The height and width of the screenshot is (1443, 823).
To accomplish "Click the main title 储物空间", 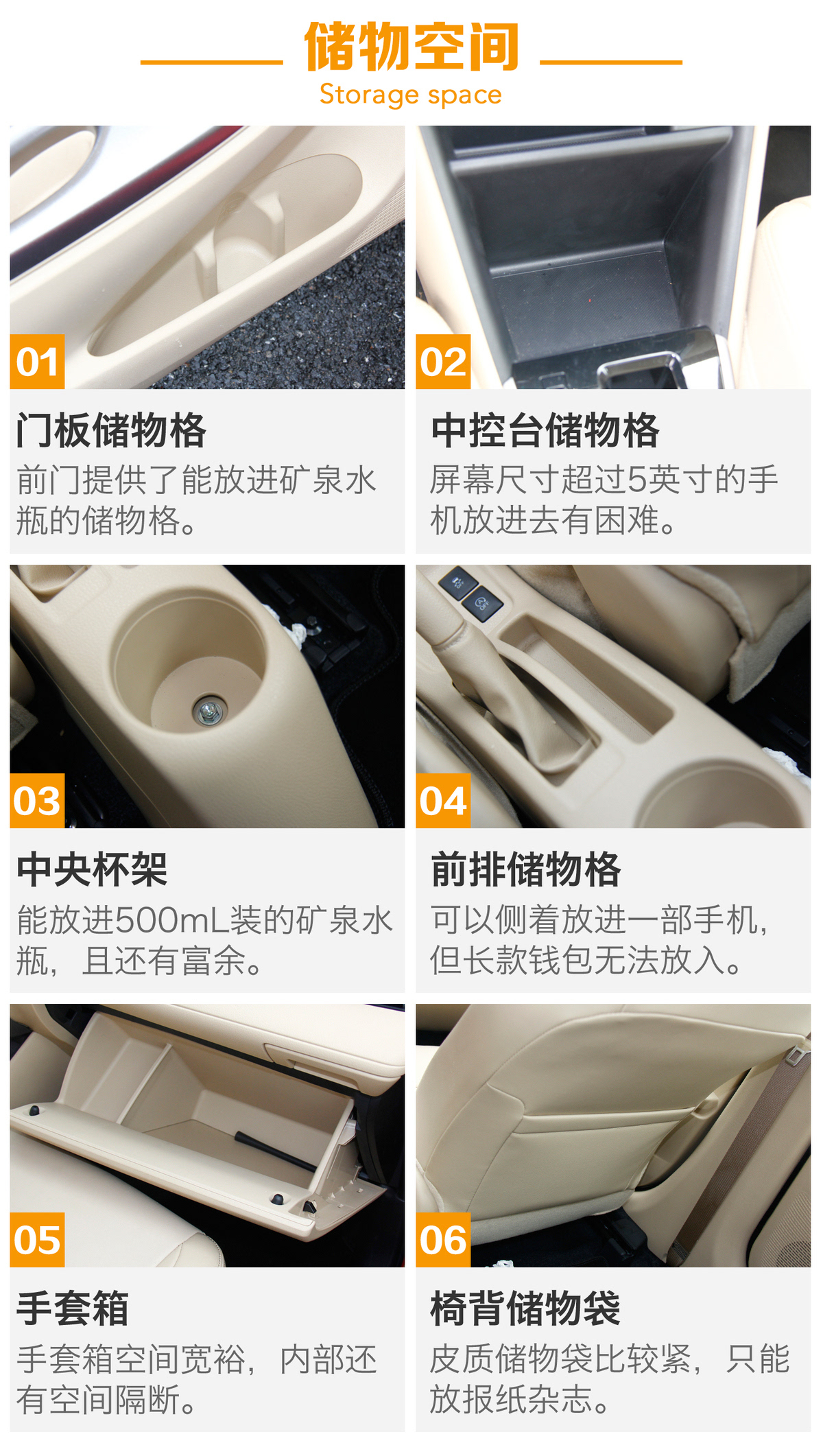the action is [411, 47].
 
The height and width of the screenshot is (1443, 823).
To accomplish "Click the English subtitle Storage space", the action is [411, 95].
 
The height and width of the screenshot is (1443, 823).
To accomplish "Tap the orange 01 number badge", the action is [37, 362].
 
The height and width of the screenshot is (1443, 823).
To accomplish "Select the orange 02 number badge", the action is [443, 362].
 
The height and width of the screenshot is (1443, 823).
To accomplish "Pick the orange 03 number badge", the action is [37, 801].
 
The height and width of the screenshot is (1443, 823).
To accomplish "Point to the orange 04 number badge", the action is [443, 801].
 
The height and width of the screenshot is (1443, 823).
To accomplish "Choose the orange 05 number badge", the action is [37, 1240].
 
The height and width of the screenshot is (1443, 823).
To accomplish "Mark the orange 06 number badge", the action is [443, 1240].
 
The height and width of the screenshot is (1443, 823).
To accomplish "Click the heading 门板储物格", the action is [111, 431].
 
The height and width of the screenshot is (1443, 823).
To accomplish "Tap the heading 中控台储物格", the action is [545, 431].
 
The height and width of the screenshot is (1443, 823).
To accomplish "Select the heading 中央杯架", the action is [92, 870].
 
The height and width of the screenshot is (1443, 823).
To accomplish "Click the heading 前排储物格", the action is [525, 870].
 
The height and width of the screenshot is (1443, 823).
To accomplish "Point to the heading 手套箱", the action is [73, 1309].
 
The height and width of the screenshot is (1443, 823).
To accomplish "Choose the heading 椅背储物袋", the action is [525, 1309].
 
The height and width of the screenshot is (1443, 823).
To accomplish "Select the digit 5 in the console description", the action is [636, 480].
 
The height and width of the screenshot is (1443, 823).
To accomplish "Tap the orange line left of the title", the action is [212, 62].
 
